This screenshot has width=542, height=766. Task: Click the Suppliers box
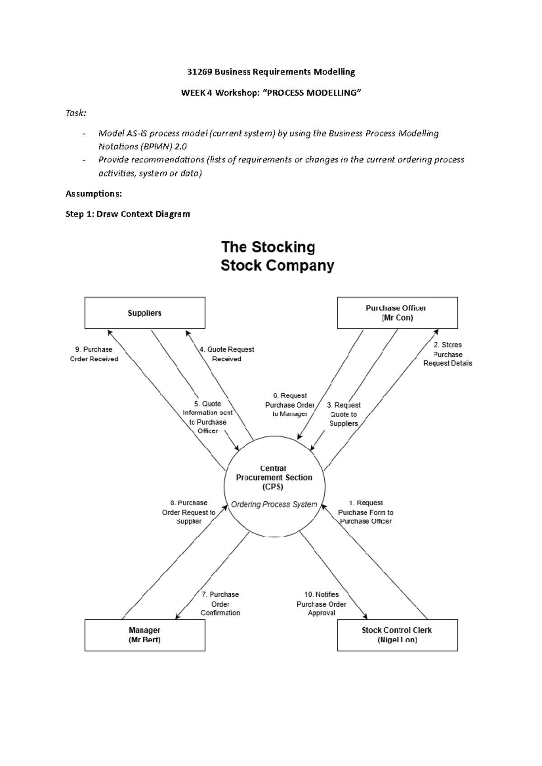(145, 313)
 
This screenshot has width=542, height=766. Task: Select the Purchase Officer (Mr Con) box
(397, 313)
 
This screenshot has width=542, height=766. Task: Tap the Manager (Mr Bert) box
(145, 635)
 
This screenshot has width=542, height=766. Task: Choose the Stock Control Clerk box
(397, 635)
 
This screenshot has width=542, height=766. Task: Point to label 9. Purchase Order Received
(94, 354)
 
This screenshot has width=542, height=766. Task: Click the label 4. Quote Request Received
(227, 354)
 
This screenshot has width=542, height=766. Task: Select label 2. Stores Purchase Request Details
(448, 354)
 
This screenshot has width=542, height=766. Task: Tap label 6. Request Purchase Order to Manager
(290, 405)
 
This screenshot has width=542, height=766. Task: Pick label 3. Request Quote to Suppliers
(344, 414)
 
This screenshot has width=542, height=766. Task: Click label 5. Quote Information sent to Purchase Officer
(208, 417)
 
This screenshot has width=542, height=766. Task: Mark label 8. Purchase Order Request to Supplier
(189, 512)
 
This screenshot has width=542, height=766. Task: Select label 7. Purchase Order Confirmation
(220, 604)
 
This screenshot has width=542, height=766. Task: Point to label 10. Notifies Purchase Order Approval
(322, 604)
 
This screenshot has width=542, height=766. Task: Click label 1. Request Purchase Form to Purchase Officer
(365, 512)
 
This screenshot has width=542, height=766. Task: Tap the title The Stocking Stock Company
(277, 256)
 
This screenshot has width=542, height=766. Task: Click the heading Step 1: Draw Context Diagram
(128, 214)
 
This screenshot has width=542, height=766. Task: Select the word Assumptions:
(93, 194)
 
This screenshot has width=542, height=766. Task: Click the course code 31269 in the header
(199, 72)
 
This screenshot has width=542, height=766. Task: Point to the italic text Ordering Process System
(274, 504)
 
